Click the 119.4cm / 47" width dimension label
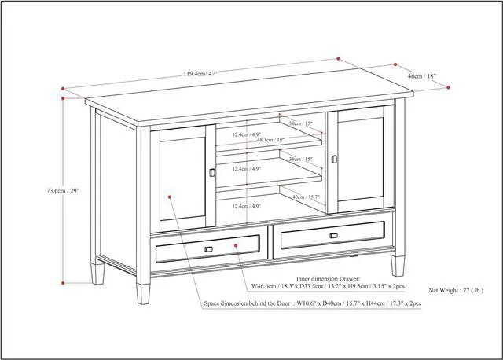(x=200, y=74)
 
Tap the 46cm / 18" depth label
(x=421, y=76)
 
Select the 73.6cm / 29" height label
(x=62, y=189)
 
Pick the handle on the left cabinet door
(x=211, y=173)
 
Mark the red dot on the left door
(x=168, y=197)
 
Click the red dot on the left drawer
(x=237, y=246)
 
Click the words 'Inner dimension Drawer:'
(x=329, y=278)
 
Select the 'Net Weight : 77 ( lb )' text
(x=461, y=290)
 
